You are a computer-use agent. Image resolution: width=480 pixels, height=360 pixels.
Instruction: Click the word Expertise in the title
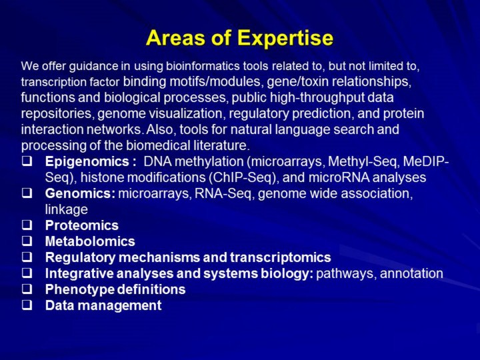tap(285, 38)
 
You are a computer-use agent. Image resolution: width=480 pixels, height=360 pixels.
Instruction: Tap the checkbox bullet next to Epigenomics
tap(27, 161)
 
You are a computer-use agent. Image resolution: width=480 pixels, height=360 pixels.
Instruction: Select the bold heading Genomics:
tap(80, 193)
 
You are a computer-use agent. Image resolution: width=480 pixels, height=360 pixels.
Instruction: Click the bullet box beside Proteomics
tap(27, 225)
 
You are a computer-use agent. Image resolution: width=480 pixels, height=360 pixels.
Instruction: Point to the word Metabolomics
tap(90, 241)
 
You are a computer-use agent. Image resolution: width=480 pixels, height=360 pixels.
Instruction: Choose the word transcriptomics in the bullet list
tap(281, 257)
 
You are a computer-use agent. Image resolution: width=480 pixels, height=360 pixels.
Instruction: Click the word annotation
tap(411, 273)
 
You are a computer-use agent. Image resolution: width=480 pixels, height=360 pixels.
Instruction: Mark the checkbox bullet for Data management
tap(27, 305)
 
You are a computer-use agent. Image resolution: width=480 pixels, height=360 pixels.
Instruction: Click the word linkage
tap(67, 210)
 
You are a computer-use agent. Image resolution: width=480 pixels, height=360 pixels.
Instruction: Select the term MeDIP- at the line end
tap(426, 161)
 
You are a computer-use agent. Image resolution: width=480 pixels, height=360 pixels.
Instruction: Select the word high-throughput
tap(317, 98)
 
